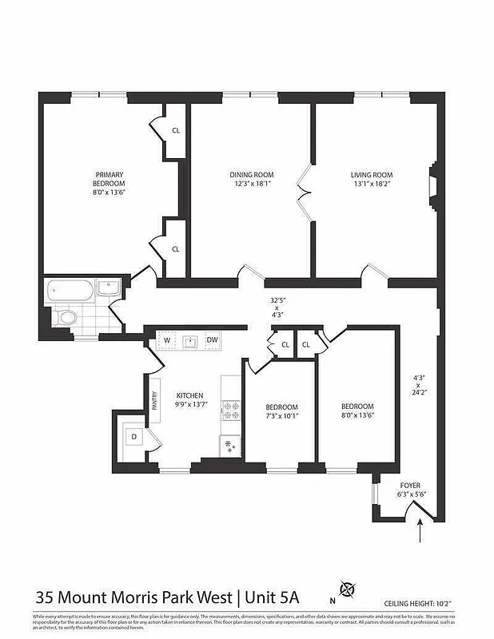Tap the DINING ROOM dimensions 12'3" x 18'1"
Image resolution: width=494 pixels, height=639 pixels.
(x=251, y=184)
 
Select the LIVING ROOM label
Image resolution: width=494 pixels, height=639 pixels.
(x=372, y=175)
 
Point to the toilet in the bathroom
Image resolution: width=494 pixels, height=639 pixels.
(x=66, y=319)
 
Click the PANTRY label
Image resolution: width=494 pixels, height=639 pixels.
(x=153, y=400)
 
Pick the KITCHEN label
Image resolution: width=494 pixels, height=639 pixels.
(x=189, y=395)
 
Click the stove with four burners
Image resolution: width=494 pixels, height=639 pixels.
(x=231, y=410)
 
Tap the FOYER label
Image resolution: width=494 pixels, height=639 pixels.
(x=410, y=485)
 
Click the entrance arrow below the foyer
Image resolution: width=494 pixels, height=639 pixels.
(x=420, y=530)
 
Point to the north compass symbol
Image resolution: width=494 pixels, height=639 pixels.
(x=347, y=590)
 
